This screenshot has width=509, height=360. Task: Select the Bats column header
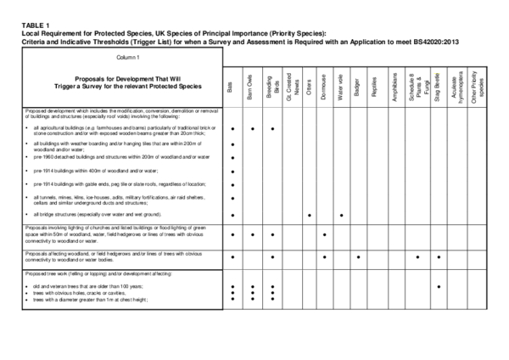pyautogui.click(x=232, y=87)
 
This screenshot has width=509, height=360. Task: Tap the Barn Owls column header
pyautogui.click(x=251, y=87)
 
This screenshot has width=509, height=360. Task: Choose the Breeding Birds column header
pyautogui.click(x=271, y=87)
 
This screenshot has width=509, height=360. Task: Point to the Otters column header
pyautogui.click(x=309, y=87)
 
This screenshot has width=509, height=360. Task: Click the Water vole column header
pyautogui.click(x=341, y=87)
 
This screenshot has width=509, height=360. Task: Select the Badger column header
pyautogui.click(x=359, y=87)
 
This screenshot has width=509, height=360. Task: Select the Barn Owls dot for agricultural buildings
pyautogui.click(x=252, y=129)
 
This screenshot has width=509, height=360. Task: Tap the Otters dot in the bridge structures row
pyautogui.click(x=309, y=216)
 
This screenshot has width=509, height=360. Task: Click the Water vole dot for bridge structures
pyautogui.click(x=341, y=216)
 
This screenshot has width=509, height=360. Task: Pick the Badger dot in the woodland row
pyautogui.click(x=359, y=256)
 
